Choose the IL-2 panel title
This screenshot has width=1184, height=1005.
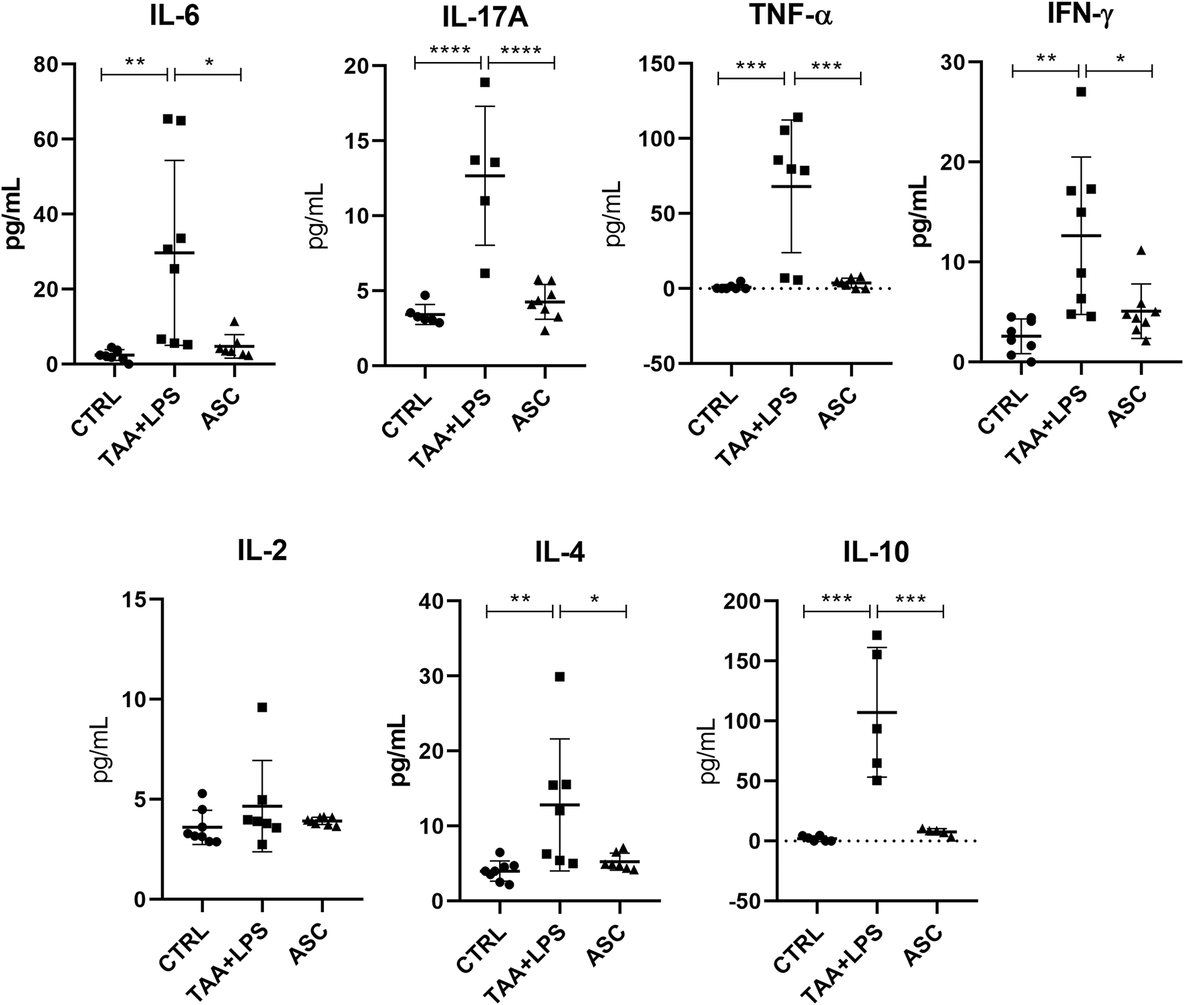(x=261, y=552)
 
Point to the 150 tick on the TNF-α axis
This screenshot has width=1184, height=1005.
(x=661, y=64)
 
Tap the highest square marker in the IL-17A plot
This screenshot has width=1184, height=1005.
(x=485, y=82)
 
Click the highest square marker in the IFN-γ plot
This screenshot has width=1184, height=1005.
(x=1081, y=92)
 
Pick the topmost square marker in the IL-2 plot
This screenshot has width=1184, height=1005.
(x=262, y=708)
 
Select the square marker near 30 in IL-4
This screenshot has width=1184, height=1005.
(x=560, y=677)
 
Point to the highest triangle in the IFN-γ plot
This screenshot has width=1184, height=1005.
(x=1141, y=251)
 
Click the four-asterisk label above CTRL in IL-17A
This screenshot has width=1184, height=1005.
(x=450, y=50)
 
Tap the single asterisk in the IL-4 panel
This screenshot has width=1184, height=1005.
(x=594, y=599)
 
